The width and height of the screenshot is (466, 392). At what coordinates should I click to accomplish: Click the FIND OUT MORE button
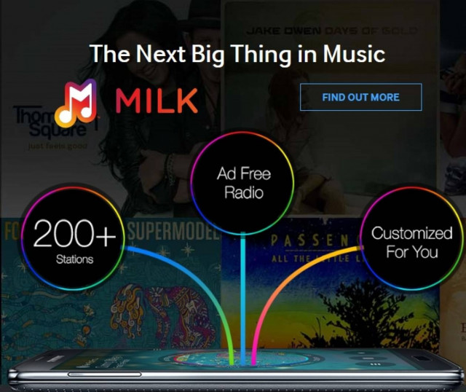(360, 97)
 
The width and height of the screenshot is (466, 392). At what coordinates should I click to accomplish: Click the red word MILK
(157, 101)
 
